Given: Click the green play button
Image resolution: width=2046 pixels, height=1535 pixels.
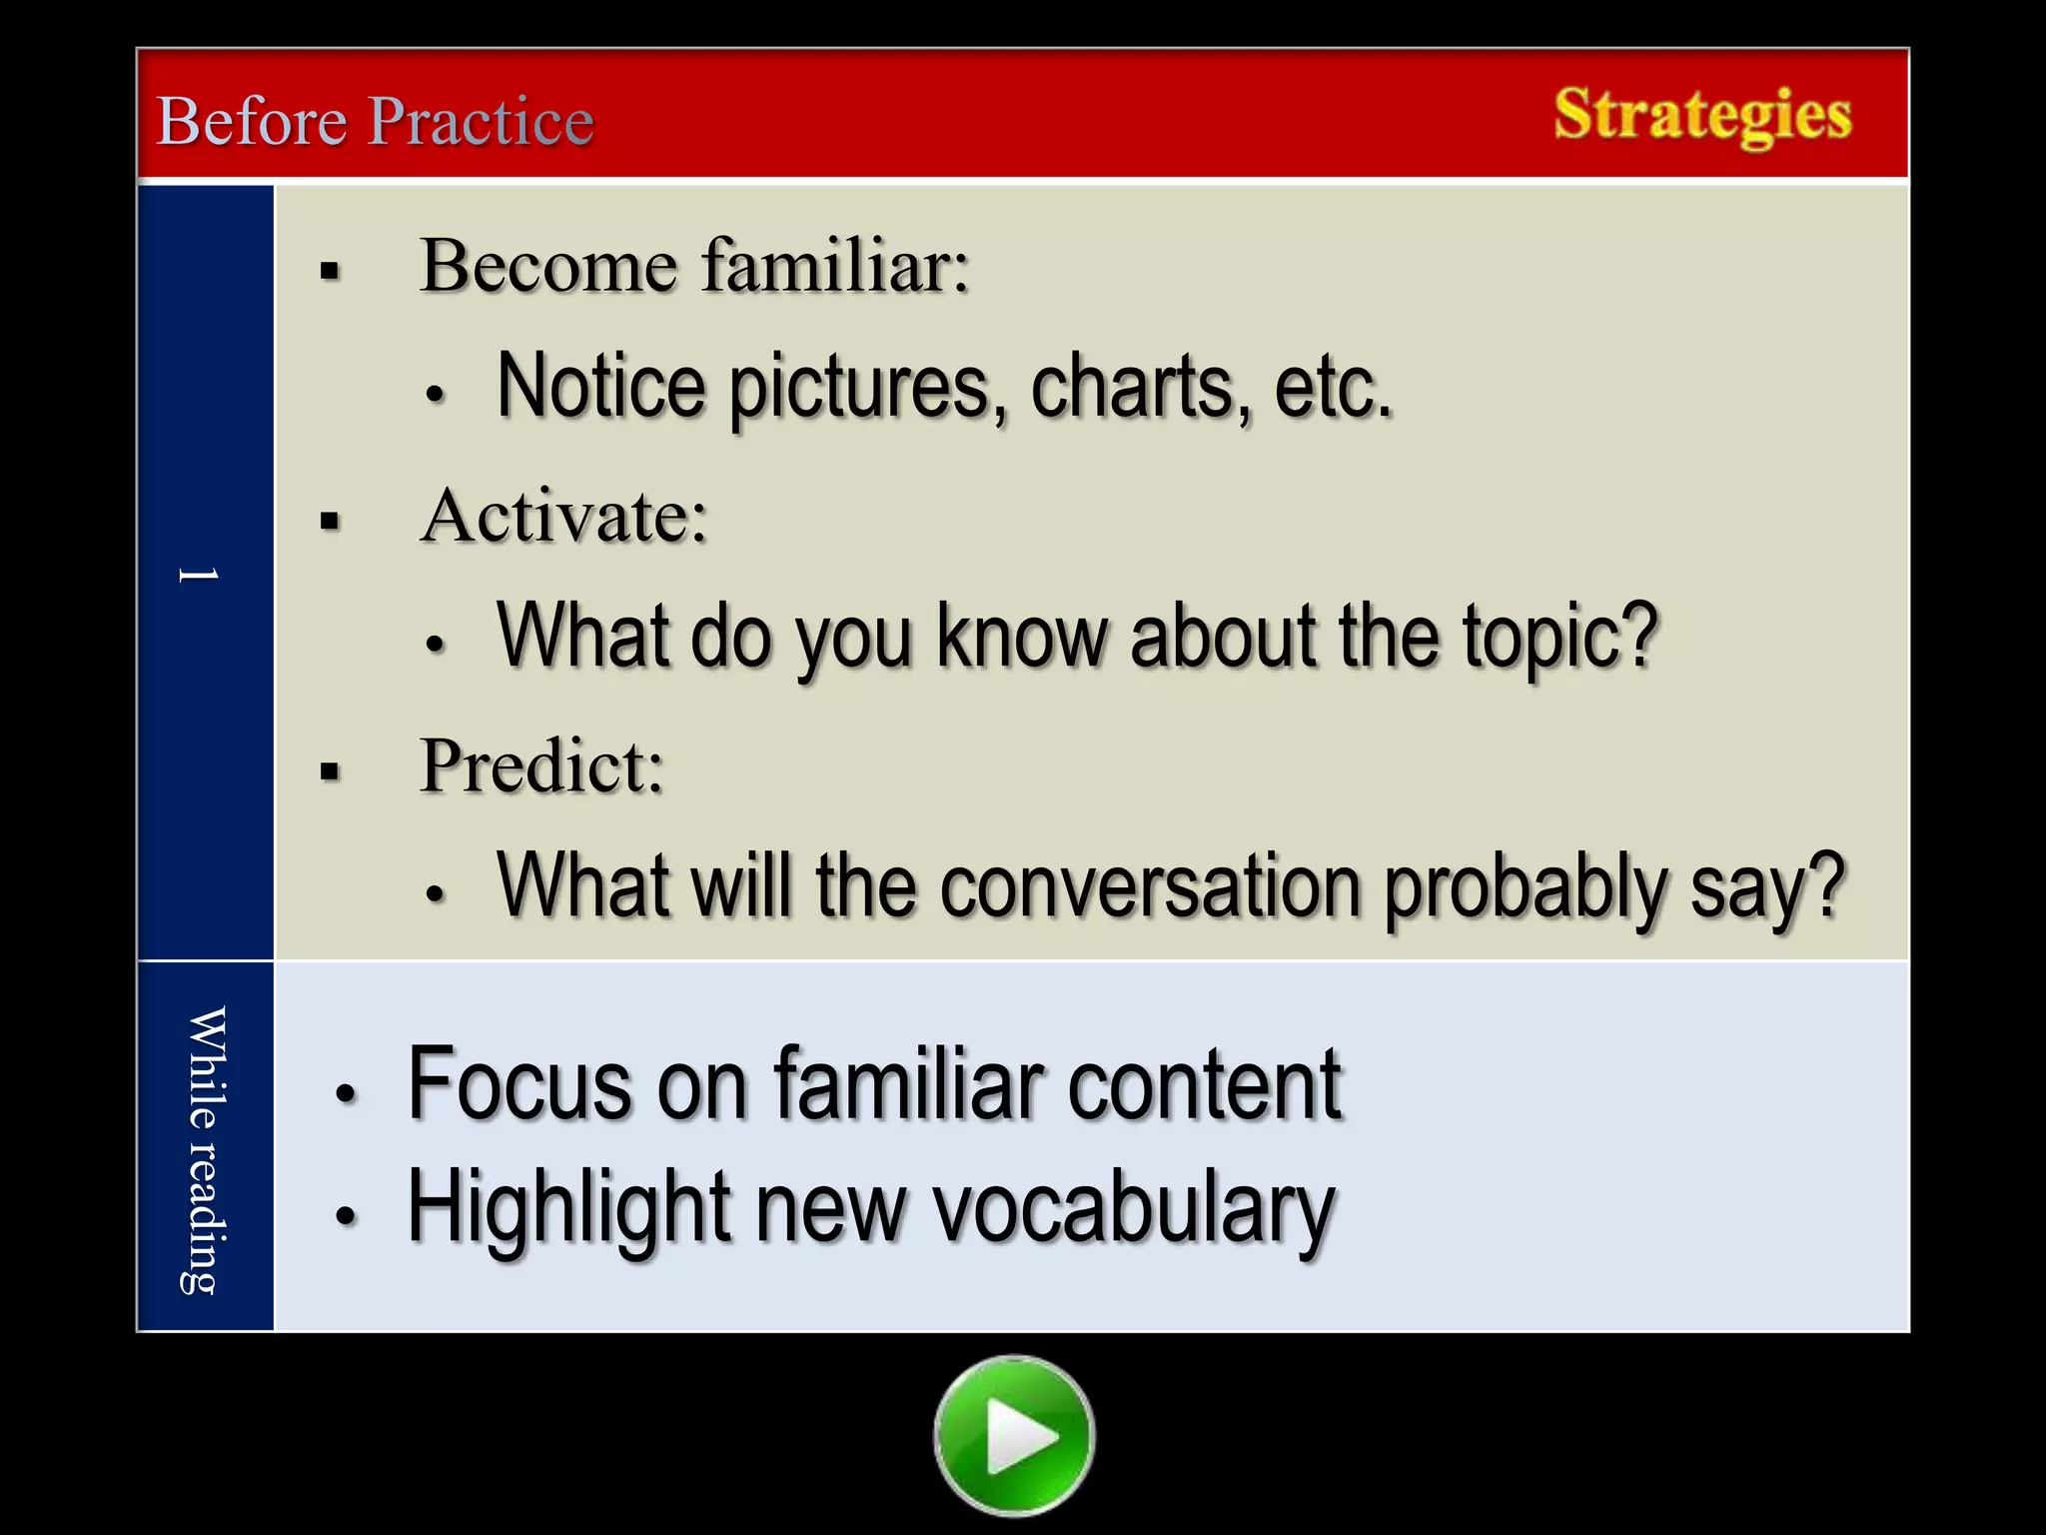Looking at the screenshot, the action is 1014,1436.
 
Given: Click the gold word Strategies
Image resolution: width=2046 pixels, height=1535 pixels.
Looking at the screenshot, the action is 1702,115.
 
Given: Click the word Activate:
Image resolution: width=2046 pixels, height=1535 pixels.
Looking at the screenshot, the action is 563,516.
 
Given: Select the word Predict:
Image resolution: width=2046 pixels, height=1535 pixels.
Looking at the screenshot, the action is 541,767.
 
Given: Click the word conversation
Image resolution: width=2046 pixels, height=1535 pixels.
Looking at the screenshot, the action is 1150,887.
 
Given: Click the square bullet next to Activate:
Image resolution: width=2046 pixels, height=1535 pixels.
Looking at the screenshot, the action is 331,521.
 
